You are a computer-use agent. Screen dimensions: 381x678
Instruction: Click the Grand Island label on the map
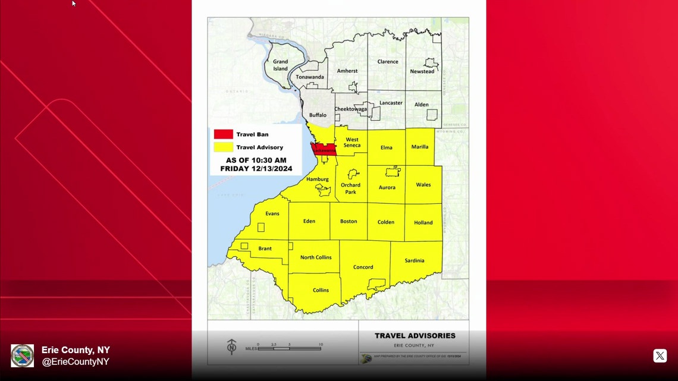tap(280, 65)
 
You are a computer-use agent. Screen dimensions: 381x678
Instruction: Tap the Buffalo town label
tap(318, 115)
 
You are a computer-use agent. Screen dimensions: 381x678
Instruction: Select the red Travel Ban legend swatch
tap(224, 134)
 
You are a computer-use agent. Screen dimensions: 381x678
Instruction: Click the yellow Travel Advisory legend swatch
tap(224, 147)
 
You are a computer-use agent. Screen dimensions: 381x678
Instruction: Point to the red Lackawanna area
tap(324, 150)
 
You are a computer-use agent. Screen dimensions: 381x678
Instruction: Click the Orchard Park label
tap(350, 188)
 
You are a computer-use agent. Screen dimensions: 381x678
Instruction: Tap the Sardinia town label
tap(415, 260)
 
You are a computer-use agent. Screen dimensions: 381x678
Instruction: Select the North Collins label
tap(316, 257)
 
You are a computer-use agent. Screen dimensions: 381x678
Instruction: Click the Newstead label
tap(422, 71)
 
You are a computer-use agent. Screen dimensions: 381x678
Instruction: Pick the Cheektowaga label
tap(351, 109)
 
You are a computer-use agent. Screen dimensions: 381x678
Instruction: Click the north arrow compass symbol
tap(232, 347)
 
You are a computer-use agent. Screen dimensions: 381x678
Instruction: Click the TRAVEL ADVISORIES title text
tap(415, 336)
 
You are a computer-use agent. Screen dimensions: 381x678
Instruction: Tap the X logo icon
tap(660, 355)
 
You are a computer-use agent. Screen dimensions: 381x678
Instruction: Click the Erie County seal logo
tap(23, 355)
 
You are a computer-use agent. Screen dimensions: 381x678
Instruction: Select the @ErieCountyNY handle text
tap(76, 361)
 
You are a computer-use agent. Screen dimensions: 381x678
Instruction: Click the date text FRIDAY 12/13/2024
tap(256, 169)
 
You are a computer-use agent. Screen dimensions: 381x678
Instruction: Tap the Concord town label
tap(363, 267)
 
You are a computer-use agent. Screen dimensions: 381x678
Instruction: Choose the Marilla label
tap(419, 147)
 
